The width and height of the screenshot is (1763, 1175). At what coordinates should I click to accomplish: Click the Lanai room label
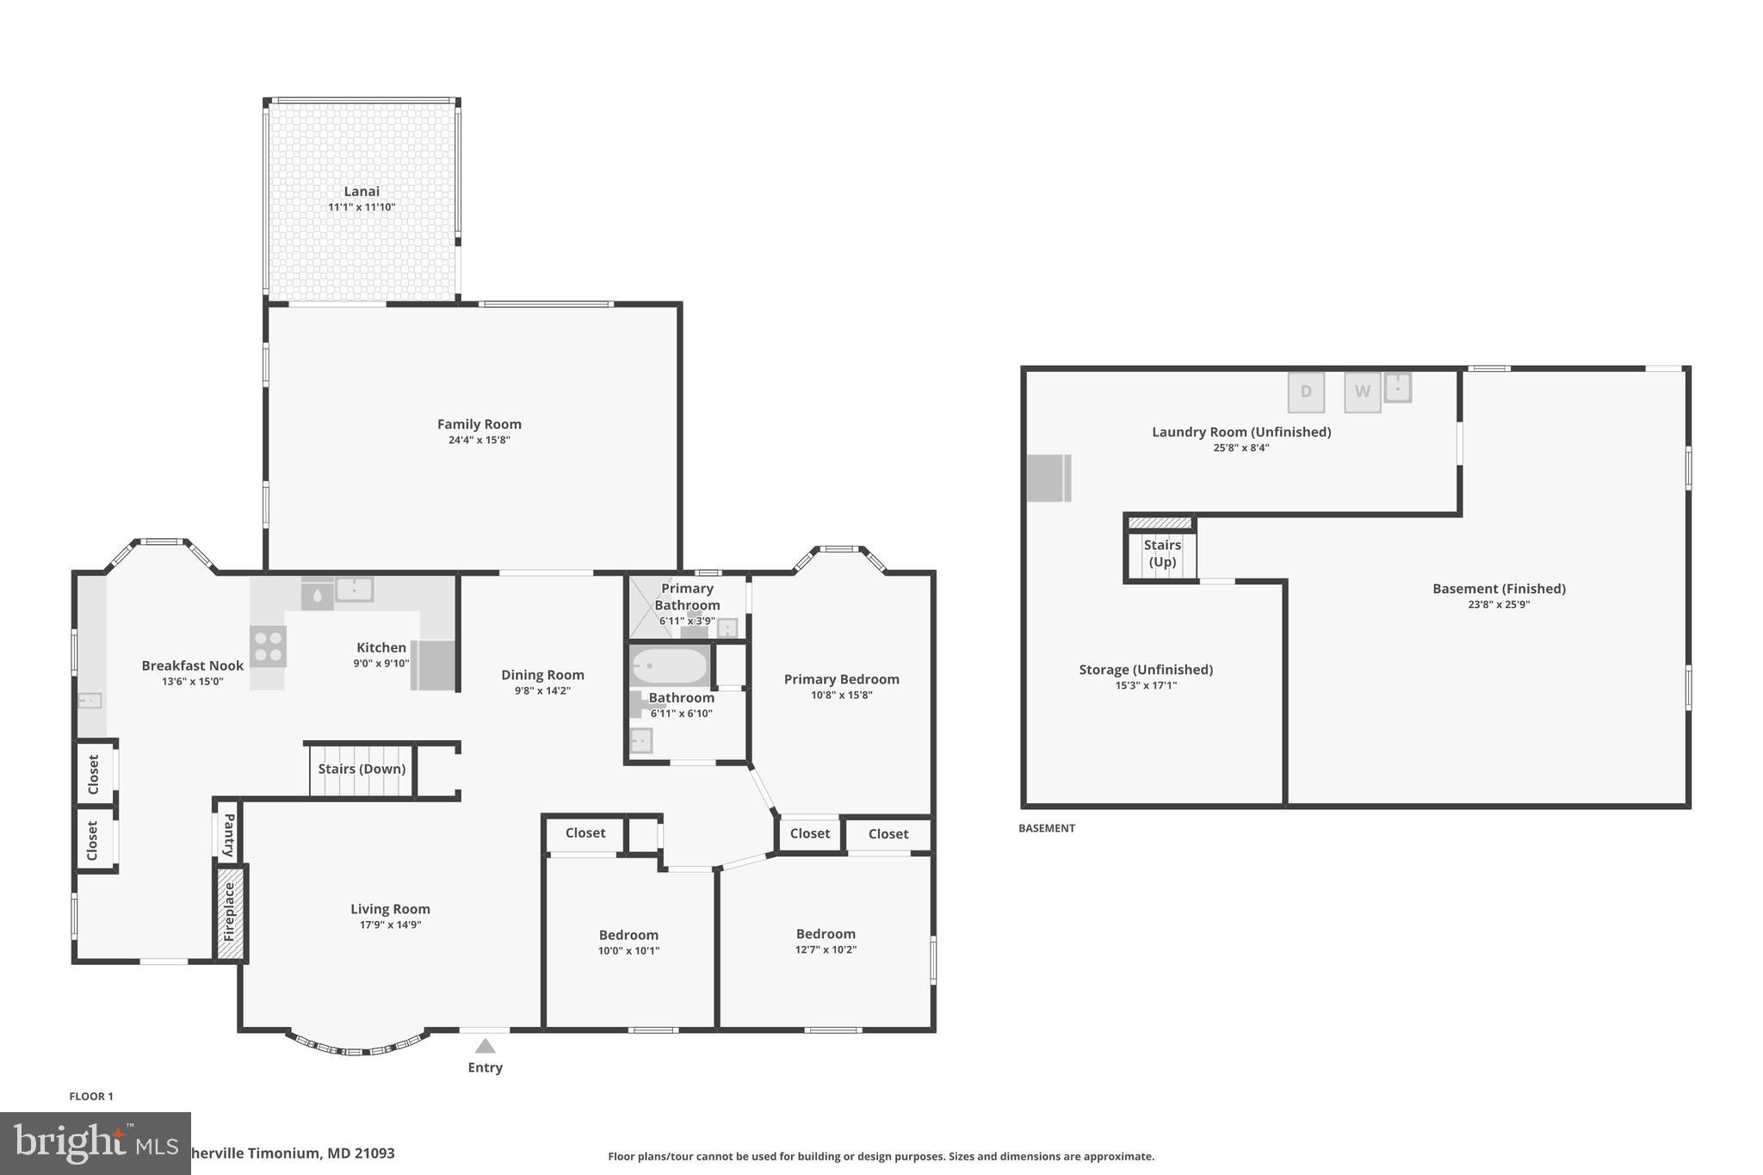[362, 191]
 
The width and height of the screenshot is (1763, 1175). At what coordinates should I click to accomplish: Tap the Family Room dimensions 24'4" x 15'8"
[479, 440]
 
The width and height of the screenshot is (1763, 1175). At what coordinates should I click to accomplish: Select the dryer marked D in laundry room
[1305, 393]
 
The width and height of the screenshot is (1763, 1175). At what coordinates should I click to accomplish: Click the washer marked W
[1362, 393]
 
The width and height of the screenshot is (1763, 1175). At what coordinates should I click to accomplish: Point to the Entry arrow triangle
[485, 1046]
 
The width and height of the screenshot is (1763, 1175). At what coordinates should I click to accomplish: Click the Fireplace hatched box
[230, 912]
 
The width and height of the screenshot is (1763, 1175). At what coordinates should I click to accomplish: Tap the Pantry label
[228, 835]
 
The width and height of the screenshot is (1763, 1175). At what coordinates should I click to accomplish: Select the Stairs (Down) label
[362, 769]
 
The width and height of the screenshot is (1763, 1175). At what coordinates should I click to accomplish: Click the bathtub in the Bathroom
[670, 666]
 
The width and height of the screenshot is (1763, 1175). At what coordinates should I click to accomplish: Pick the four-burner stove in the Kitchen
[268, 646]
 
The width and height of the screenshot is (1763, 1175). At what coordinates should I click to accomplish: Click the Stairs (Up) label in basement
[1161, 553]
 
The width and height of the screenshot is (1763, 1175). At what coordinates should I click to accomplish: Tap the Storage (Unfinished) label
[1145, 670]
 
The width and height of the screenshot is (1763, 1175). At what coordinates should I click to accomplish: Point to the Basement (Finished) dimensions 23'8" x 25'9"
[1498, 604]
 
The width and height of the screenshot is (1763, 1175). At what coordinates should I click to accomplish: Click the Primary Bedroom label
[841, 679]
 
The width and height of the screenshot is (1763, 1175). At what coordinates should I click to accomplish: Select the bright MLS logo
[95, 1143]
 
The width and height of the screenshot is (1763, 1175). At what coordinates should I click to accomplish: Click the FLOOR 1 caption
[91, 1096]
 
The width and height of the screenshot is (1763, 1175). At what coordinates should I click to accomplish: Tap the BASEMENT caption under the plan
[1046, 828]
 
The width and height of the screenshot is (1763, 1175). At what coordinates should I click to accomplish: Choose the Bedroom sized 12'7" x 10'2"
[825, 941]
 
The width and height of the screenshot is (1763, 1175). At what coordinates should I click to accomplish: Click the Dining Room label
[542, 675]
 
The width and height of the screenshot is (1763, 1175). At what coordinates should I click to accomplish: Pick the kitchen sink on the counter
[354, 590]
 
